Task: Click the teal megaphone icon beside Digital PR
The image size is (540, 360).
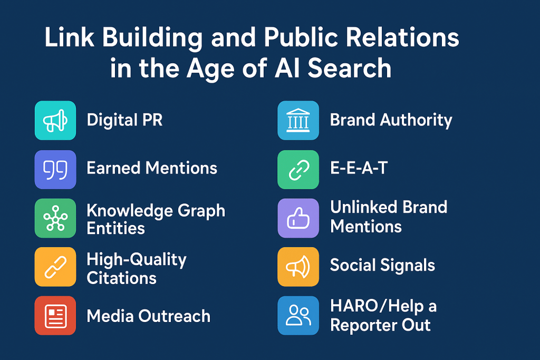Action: pos(55,121)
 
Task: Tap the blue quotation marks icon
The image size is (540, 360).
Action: pos(55,169)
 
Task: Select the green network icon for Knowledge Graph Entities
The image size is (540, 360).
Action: pos(55,218)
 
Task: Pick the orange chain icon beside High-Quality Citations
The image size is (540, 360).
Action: pos(55,266)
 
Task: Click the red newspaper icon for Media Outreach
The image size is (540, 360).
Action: pos(55,315)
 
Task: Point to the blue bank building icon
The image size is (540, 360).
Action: pos(298,121)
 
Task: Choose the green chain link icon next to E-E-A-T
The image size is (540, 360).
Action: pos(298,169)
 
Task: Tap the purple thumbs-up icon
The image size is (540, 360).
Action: pos(298,218)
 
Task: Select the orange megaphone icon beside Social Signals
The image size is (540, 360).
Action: pos(298,266)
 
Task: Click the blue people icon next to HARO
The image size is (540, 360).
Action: pos(298,315)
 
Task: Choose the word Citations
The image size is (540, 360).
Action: pos(121,278)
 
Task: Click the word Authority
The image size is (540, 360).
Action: pos(417,121)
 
